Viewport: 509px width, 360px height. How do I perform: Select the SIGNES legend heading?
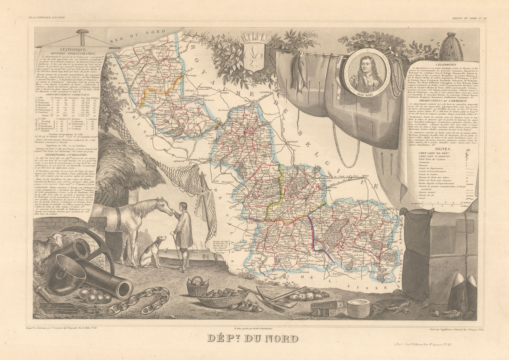[440, 148]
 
